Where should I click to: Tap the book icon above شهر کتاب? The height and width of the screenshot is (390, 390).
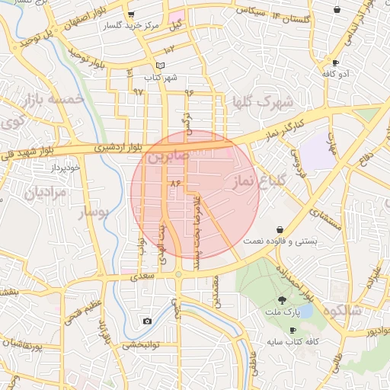[159, 66]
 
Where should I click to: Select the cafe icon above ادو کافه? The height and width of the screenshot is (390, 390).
[335, 62]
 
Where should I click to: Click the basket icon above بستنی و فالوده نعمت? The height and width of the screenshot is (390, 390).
[280, 229]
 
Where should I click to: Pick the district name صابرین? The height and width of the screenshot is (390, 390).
[166, 158]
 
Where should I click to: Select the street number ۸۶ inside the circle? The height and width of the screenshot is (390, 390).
[177, 183]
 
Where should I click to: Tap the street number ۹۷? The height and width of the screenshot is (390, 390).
[138, 91]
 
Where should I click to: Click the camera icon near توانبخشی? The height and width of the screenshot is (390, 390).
[147, 321]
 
